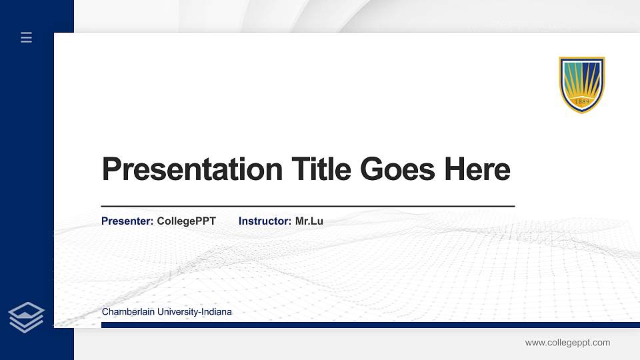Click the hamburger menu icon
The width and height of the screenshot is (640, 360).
[x=27, y=37]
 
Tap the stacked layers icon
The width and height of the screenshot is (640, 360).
[x=27, y=317]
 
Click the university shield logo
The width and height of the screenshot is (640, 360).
[x=581, y=84]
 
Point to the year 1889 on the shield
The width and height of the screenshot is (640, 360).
[x=581, y=102]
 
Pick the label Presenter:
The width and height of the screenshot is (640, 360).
[x=127, y=221]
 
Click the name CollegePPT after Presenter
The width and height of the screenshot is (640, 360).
[x=187, y=221]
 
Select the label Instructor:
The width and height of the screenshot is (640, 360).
[x=265, y=221]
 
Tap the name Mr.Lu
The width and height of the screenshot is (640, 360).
[x=309, y=221]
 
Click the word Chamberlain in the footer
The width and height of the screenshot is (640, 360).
[x=126, y=312]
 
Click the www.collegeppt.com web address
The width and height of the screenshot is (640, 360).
[x=567, y=343]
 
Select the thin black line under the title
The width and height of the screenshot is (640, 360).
[x=307, y=207]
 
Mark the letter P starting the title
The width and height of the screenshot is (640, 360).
[x=111, y=169]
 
